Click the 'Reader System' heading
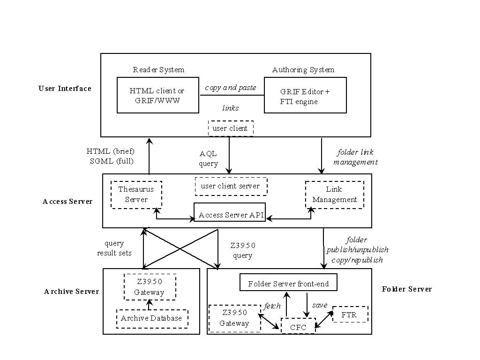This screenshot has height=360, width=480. (x=158, y=70)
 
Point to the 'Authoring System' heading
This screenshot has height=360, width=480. (x=303, y=70)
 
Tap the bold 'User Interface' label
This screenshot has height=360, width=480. (x=65, y=89)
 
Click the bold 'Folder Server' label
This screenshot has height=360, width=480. (x=407, y=289)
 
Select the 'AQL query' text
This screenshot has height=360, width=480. (x=208, y=158)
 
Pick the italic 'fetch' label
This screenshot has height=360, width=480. (x=272, y=306)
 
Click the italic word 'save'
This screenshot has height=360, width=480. (x=320, y=305)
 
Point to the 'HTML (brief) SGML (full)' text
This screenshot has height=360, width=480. (x=111, y=156)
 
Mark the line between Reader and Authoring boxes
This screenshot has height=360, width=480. (x=232, y=95)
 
